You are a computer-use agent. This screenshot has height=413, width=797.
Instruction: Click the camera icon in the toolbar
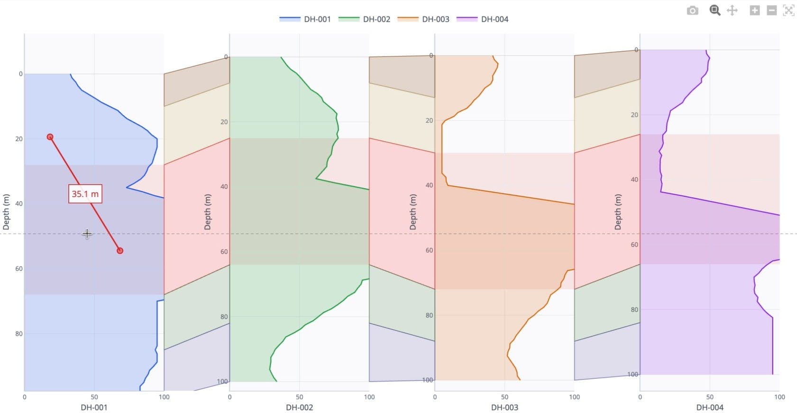coord(692,10)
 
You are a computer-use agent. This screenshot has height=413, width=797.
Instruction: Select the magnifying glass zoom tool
coord(715,10)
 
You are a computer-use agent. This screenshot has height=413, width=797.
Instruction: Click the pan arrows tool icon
coord(732,10)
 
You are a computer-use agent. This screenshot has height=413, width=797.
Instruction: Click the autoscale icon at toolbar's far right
coord(788,10)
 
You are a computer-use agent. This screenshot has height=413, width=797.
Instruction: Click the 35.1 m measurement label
coord(85,194)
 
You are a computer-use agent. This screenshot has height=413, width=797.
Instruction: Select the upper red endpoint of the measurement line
coord(50,137)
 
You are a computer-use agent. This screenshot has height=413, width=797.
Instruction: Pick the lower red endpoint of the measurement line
coord(120,250)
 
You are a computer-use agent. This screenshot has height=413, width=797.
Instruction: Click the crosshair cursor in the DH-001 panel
coord(87,233)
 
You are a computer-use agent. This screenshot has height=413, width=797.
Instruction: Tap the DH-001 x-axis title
coord(94,407)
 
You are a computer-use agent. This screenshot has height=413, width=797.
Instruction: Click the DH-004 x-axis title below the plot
coord(709,407)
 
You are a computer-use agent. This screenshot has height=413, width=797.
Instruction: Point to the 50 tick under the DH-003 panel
coord(504,397)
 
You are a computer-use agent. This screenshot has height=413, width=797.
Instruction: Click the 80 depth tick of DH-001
coord(18,334)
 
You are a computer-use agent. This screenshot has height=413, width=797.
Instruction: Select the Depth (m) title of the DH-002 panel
coord(207,212)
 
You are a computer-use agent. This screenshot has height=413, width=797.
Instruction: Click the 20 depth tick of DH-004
coord(634,115)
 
